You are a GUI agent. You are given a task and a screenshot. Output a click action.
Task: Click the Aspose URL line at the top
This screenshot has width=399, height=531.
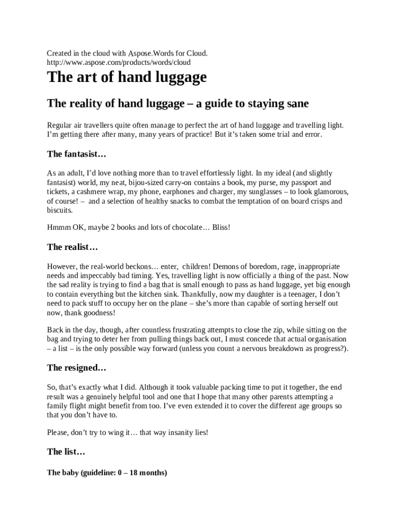pyautogui.click(x=119, y=62)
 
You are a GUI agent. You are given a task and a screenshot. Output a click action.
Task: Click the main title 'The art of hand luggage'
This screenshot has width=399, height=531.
pyautogui.click(x=126, y=78)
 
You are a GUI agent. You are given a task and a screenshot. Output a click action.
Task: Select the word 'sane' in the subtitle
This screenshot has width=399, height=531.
pyautogui.click(x=297, y=104)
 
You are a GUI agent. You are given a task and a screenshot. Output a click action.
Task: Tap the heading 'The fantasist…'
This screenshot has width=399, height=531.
pyautogui.click(x=76, y=154)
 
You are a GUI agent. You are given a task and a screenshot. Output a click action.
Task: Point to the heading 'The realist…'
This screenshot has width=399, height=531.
pyautogui.click(x=73, y=247)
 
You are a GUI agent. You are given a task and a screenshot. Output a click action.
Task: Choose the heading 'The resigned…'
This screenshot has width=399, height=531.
pyautogui.click(x=76, y=368)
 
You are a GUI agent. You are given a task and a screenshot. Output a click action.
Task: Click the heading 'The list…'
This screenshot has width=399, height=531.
pyautogui.click(x=66, y=452)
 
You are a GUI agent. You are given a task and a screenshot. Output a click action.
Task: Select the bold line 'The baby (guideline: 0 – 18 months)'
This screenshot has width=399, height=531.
pyautogui.click(x=107, y=473)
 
